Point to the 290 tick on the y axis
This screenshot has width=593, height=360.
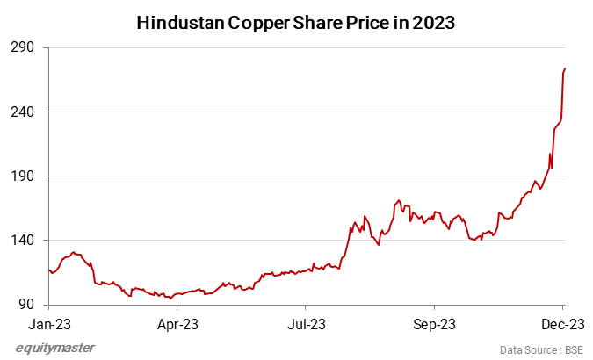click(x=25, y=47)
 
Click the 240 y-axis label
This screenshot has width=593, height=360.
click(x=25, y=112)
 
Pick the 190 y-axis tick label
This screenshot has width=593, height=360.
click(x=25, y=176)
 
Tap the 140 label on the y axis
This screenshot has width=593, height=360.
click(x=25, y=241)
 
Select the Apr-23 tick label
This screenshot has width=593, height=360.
click(x=177, y=323)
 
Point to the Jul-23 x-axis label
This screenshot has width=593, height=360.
click(x=305, y=323)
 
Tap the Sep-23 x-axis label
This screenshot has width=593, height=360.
click(x=434, y=323)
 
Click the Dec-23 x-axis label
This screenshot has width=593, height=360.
click(x=561, y=323)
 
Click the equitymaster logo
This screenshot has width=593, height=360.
click(x=55, y=348)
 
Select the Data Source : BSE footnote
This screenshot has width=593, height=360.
click(x=541, y=349)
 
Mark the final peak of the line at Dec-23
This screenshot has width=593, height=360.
click(x=564, y=68)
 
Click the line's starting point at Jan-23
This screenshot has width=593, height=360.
click(x=48, y=270)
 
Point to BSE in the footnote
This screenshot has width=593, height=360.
click(x=573, y=349)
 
